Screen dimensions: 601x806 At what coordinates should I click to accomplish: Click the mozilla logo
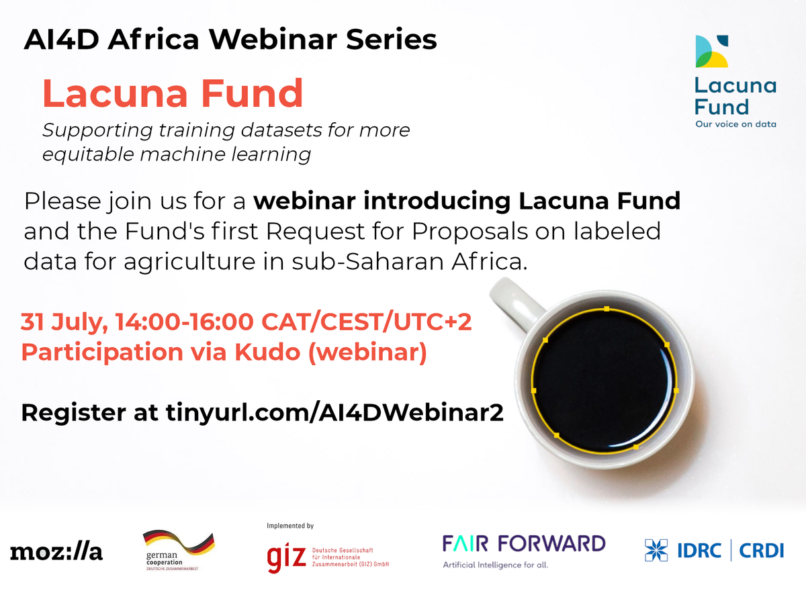point(56,552)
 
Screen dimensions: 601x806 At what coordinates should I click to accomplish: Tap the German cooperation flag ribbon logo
point(178,543)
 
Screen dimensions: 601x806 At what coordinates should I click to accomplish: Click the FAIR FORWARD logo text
point(524,543)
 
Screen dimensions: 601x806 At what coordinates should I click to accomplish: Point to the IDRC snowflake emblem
point(656,551)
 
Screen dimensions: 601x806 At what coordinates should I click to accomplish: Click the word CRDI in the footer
point(761,551)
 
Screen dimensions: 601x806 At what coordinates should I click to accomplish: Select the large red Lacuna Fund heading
point(173,94)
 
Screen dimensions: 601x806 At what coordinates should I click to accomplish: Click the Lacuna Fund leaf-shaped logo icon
point(712,52)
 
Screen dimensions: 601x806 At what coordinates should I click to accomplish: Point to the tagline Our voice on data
point(735,124)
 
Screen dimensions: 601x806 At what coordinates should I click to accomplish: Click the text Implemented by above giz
point(290,526)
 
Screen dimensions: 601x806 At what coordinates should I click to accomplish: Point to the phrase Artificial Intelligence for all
point(496,565)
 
